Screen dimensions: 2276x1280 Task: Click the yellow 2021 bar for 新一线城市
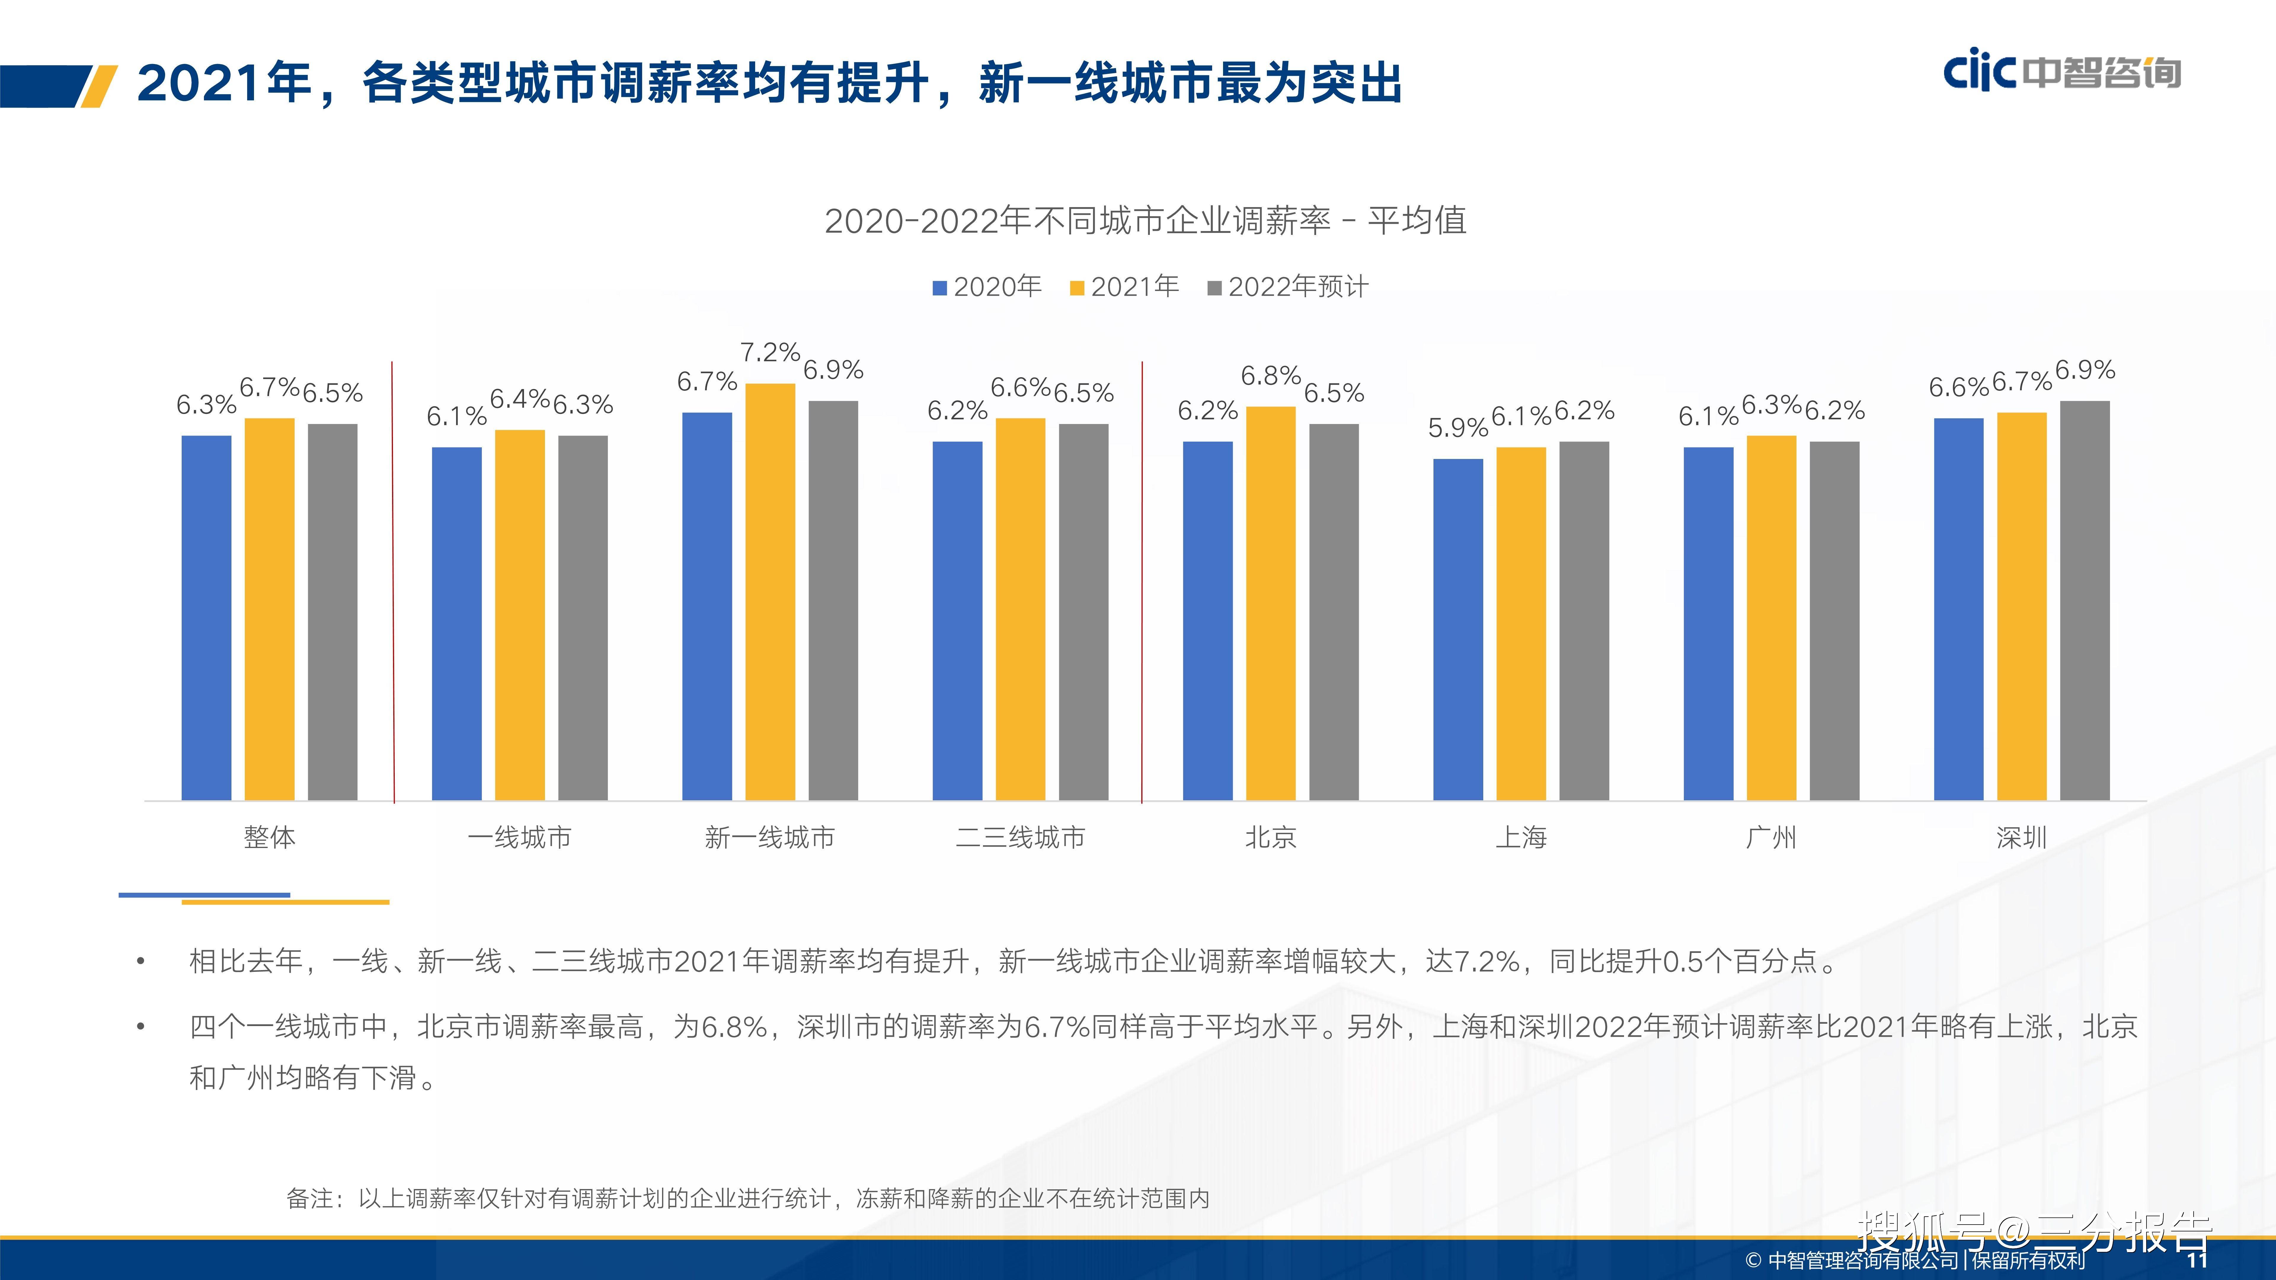[x=770, y=592]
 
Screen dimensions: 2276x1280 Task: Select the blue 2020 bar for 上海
[x=1458, y=630]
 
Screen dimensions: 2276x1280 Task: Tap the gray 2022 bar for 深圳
[x=2084, y=601]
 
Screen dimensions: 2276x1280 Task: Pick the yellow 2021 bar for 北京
[x=1270, y=603]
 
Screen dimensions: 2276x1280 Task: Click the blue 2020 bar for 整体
[x=206, y=618]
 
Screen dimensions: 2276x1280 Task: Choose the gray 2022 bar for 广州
[x=1834, y=621]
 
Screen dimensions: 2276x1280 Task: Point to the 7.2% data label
[x=770, y=353]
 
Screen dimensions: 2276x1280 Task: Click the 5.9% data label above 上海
[x=1458, y=428]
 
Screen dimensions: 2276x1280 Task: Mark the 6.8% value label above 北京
[x=1270, y=375]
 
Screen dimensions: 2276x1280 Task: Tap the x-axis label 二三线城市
[x=1020, y=836]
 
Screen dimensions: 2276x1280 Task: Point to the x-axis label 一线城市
[x=520, y=836]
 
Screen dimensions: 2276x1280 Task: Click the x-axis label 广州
[x=1772, y=836]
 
